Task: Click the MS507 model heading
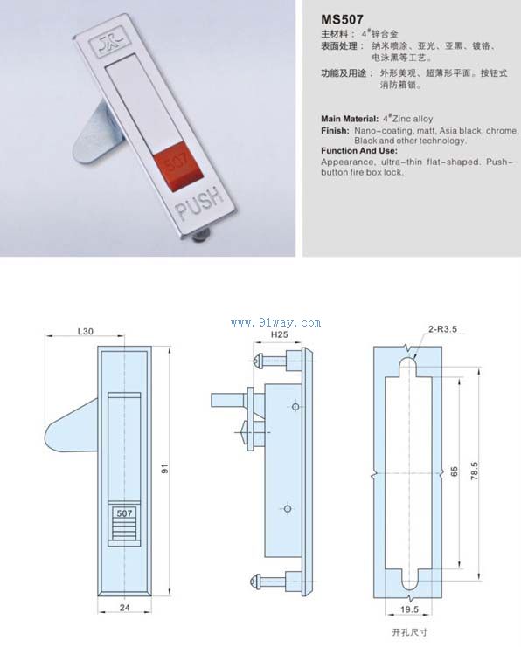342,19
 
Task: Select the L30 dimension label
86,331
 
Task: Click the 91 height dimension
165,469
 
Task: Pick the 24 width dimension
124,607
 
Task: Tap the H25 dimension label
280,334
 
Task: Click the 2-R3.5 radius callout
442,329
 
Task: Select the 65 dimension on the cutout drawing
454,472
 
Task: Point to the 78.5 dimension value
475,471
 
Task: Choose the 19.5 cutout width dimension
409,609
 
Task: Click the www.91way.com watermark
275,323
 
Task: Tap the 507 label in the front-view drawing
124,513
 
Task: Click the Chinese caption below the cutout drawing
410,632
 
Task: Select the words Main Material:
350,119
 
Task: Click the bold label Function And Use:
359,150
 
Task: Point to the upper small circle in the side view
295,407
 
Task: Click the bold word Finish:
335,131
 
